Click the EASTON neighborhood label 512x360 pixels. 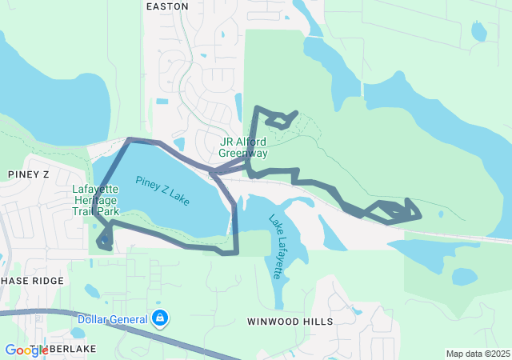(168, 6)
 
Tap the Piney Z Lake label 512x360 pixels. (162, 191)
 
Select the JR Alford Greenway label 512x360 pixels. (243, 147)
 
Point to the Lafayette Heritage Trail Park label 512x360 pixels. (95, 201)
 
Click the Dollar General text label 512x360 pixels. (113, 319)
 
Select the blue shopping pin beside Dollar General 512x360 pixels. (161, 318)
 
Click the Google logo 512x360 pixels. (26, 350)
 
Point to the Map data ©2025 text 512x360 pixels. (477, 354)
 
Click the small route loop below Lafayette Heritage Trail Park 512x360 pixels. (104, 239)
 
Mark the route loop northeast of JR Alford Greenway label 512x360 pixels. (279, 120)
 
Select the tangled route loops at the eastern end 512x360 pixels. (396, 212)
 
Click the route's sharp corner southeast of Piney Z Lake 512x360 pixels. (236, 253)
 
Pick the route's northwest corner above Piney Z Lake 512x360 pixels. (130, 140)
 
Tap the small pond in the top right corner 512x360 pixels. (478, 31)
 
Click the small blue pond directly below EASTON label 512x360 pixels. (162, 102)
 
